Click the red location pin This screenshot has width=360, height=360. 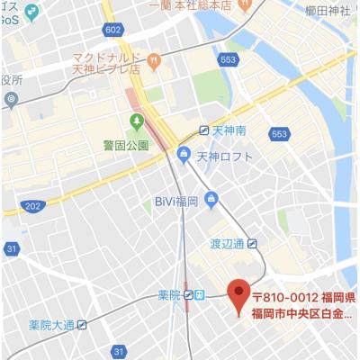pos(238,296)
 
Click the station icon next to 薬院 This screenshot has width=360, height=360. pos(190,294)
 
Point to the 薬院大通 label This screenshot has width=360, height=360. pos(51,325)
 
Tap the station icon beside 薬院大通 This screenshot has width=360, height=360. pos(83,325)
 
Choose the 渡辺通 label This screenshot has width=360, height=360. pos(228,242)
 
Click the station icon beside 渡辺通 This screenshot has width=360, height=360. pos(253,242)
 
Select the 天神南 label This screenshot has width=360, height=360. pos(229,130)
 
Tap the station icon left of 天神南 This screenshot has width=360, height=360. pos(204,130)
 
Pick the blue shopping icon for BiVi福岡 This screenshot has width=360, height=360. pos(211,199)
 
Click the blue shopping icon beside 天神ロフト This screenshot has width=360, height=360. pos(184,156)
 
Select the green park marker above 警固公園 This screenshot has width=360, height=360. pos(137,122)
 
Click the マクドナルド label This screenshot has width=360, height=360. pos(105,55)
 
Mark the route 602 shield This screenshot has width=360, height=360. pos(112,31)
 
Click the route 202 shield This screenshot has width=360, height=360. pos(32,206)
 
